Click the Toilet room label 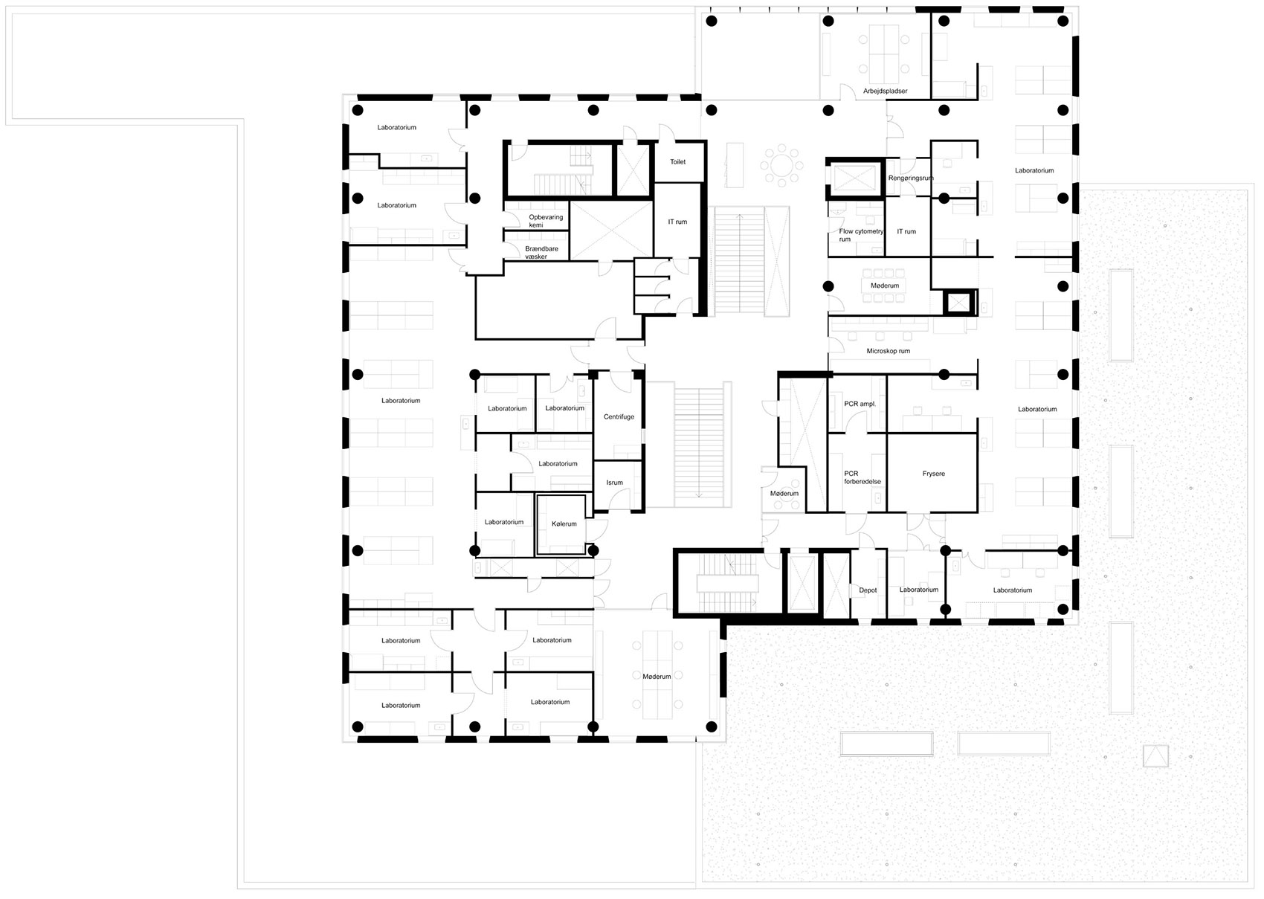pos(677,162)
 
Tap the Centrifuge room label pos(619,417)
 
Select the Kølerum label pos(564,524)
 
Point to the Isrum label pos(614,483)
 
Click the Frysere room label pos(933,474)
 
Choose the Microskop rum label pos(889,351)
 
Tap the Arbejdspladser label pos(885,91)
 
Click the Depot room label pos(868,590)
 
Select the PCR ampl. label pos(860,404)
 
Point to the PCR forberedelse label pos(862,478)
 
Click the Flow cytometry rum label pos(861,235)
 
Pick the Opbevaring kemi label pos(546,222)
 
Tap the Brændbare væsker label pos(541,253)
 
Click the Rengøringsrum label pos(911,178)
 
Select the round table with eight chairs pos(781,165)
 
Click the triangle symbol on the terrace pos(1155,756)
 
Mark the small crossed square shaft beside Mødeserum pos(958,303)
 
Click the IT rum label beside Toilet pos(677,222)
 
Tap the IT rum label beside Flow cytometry pos(906,232)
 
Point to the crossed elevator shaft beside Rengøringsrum pos(855,178)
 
